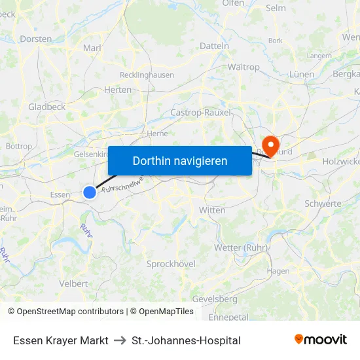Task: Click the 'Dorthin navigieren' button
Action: point(180,160)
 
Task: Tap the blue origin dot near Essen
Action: point(90,192)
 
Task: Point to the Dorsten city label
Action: point(36,39)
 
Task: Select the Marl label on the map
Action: point(92,48)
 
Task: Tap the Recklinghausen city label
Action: point(147,75)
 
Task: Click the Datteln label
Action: point(214,46)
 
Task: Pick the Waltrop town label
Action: point(243,67)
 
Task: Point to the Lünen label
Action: point(302,75)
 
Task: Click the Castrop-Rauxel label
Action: point(200,113)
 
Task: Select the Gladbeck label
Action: point(46,107)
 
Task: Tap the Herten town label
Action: point(118,90)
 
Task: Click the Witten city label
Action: point(212,210)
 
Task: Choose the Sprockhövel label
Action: point(171,264)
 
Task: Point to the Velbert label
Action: point(73,283)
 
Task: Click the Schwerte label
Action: point(323,204)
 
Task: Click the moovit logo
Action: point(321,339)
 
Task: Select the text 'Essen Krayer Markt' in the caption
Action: point(61,340)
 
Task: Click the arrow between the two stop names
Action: point(120,340)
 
